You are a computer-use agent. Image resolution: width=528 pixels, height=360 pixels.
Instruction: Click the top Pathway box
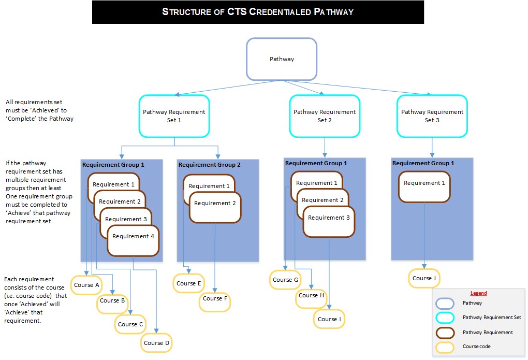pyautogui.click(x=282, y=59)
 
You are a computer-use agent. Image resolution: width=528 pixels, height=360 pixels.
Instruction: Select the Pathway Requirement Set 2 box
pyautogui.click(x=325, y=116)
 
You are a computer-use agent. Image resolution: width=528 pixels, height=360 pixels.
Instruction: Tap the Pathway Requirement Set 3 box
pyautogui.click(x=432, y=116)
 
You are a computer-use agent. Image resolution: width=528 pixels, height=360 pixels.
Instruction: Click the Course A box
pyautogui.click(x=86, y=285)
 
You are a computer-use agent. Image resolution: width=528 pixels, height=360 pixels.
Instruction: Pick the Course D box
pyautogui.click(x=156, y=343)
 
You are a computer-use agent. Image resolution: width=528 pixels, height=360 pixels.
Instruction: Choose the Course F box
pyautogui.click(x=215, y=299)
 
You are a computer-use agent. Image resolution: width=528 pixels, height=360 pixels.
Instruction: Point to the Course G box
pyautogui.click(x=285, y=280)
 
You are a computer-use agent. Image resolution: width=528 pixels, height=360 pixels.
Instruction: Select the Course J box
pyautogui.click(x=424, y=278)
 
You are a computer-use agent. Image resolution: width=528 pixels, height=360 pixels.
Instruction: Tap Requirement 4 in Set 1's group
pyautogui.click(x=133, y=237)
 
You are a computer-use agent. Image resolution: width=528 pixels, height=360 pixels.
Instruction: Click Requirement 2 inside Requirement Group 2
pyautogui.click(x=215, y=204)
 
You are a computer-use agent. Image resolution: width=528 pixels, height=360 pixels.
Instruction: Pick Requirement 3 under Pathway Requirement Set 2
pyautogui.click(x=329, y=218)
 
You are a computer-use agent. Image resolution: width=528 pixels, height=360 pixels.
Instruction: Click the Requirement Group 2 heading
pyautogui.click(x=210, y=165)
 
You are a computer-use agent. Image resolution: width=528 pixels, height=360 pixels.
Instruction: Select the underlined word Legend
pyautogui.click(x=478, y=293)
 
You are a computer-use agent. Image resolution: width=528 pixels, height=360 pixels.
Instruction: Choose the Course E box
pyautogui.click(x=189, y=283)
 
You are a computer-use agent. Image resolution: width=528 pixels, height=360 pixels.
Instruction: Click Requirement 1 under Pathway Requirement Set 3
pyautogui.click(x=424, y=183)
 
